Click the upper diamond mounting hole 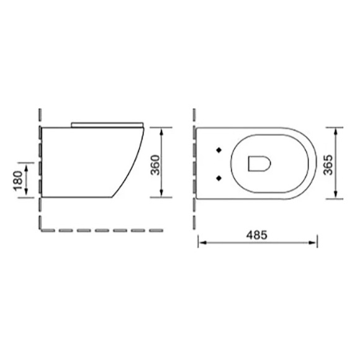(218, 150)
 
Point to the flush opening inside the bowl (258, 163)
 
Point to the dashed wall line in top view (194, 155)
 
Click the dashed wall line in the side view (40, 168)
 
